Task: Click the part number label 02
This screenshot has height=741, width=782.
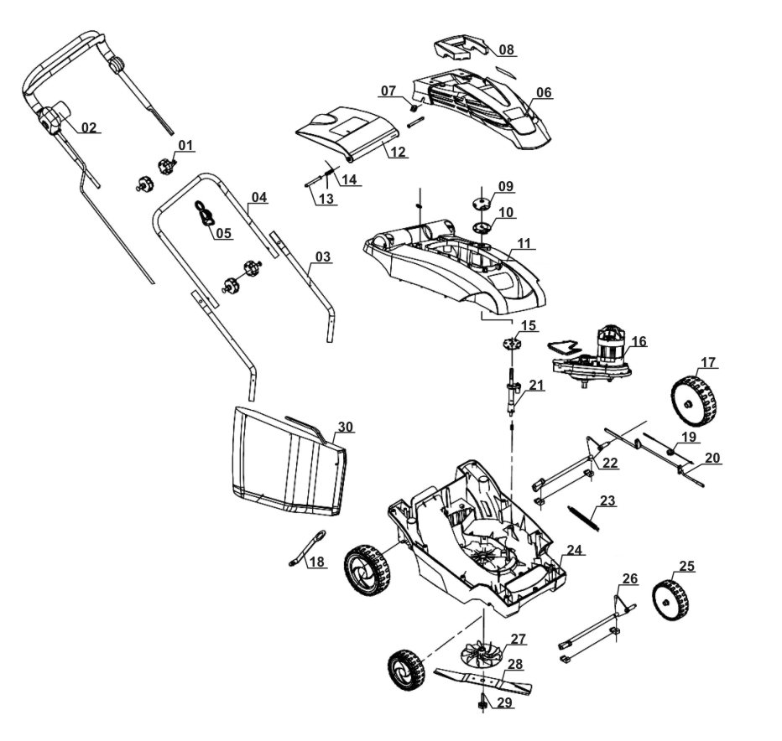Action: pos(89,127)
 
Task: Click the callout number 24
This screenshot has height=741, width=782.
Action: pos(574,550)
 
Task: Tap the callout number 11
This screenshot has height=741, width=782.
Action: pos(524,243)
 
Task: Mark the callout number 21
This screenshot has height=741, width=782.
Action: pos(536,386)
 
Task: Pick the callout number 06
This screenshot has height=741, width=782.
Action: pos(544,92)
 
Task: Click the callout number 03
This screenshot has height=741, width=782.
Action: pos(322,256)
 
